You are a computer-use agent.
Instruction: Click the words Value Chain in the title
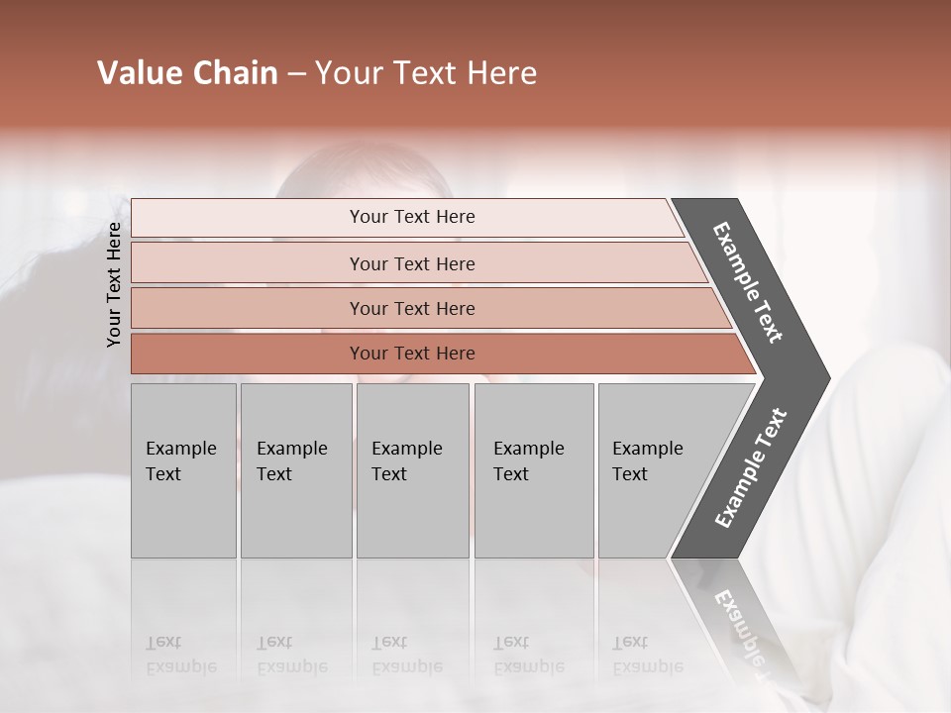click(187, 73)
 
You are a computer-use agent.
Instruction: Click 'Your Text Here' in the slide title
click(426, 73)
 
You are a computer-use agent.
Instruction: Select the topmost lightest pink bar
click(248, 218)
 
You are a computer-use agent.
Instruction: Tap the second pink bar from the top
click(248, 263)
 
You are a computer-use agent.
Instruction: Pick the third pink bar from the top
click(248, 309)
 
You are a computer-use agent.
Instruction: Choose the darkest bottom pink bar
click(248, 354)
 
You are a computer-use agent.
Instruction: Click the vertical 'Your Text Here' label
click(114, 285)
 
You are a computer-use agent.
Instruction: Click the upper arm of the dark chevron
click(749, 282)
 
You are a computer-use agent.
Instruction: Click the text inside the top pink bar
click(412, 217)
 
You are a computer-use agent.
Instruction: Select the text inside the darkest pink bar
click(412, 354)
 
